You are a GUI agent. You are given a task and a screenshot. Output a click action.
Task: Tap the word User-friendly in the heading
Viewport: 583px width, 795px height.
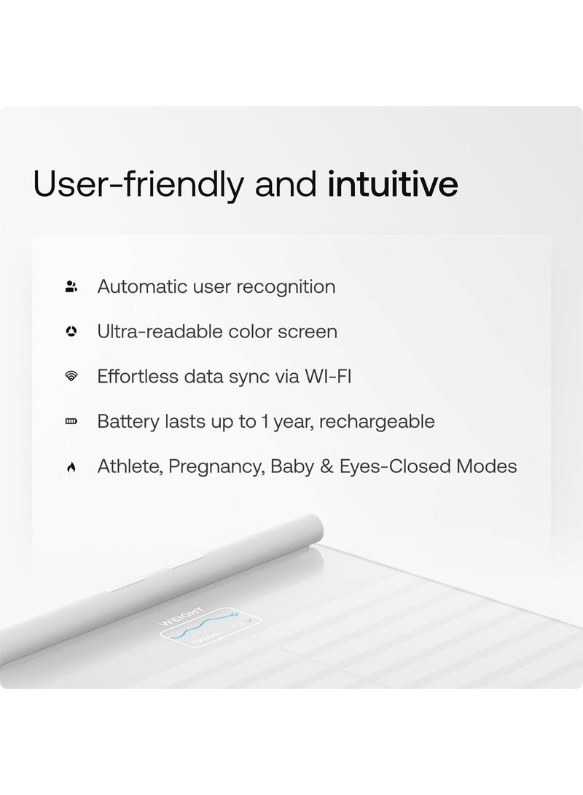tap(138, 184)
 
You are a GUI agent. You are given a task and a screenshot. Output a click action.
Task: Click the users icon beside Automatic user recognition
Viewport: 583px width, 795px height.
tap(71, 287)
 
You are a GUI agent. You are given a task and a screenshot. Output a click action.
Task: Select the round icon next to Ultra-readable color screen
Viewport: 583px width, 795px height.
tap(71, 332)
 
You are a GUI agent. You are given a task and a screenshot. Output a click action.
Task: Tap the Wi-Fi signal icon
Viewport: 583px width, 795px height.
tap(71, 376)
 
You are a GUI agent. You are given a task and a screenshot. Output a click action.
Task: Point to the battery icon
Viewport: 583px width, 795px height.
tap(71, 421)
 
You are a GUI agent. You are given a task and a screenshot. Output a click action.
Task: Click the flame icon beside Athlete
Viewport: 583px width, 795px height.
tap(71, 467)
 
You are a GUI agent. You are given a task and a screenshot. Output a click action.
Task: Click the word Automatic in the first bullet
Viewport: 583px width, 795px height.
tap(142, 286)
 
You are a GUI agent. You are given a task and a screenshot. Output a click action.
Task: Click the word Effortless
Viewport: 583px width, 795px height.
tap(138, 377)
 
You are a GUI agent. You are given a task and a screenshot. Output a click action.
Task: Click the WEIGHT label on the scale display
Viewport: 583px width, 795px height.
tap(181, 616)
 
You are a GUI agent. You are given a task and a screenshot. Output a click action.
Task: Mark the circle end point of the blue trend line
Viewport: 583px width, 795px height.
tap(235, 614)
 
